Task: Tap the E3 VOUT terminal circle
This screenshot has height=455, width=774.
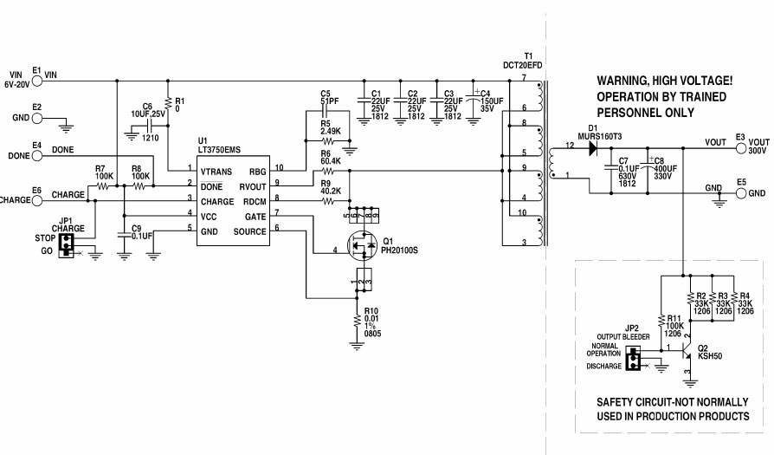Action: (x=740, y=148)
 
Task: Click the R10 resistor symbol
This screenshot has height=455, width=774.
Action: (x=357, y=324)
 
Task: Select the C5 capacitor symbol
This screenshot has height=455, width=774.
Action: (x=326, y=114)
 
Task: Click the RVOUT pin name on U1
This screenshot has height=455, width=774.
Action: (x=252, y=186)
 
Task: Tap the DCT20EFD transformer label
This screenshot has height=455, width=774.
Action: (x=524, y=63)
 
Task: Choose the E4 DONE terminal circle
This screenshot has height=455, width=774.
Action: (x=36, y=156)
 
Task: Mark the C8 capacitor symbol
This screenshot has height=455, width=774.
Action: (x=645, y=170)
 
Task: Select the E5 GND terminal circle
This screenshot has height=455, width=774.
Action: (x=740, y=193)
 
